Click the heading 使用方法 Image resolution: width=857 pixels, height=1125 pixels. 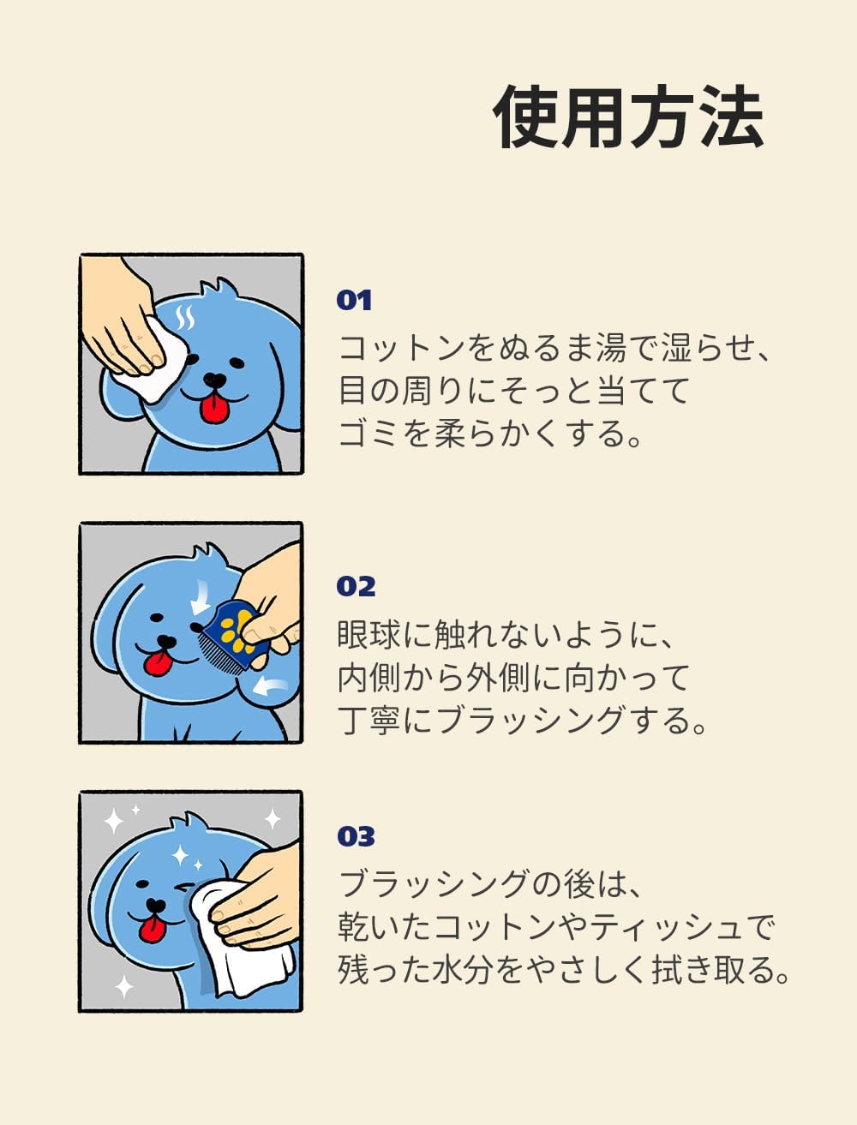pyautogui.click(x=628, y=118)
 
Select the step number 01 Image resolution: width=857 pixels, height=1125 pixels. pyautogui.click(x=354, y=301)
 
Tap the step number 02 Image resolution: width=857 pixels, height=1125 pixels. pyautogui.click(x=356, y=587)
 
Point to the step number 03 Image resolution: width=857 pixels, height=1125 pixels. pyautogui.click(x=356, y=836)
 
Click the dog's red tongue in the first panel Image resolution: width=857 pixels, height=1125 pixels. pyautogui.click(x=213, y=409)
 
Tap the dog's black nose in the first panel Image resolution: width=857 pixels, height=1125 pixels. pyautogui.click(x=215, y=379)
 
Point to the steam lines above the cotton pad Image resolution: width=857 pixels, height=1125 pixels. pyautogui.click(x=184, y=319)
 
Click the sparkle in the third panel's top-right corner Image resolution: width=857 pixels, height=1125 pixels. pyautogui.click(x=272, y=819)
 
